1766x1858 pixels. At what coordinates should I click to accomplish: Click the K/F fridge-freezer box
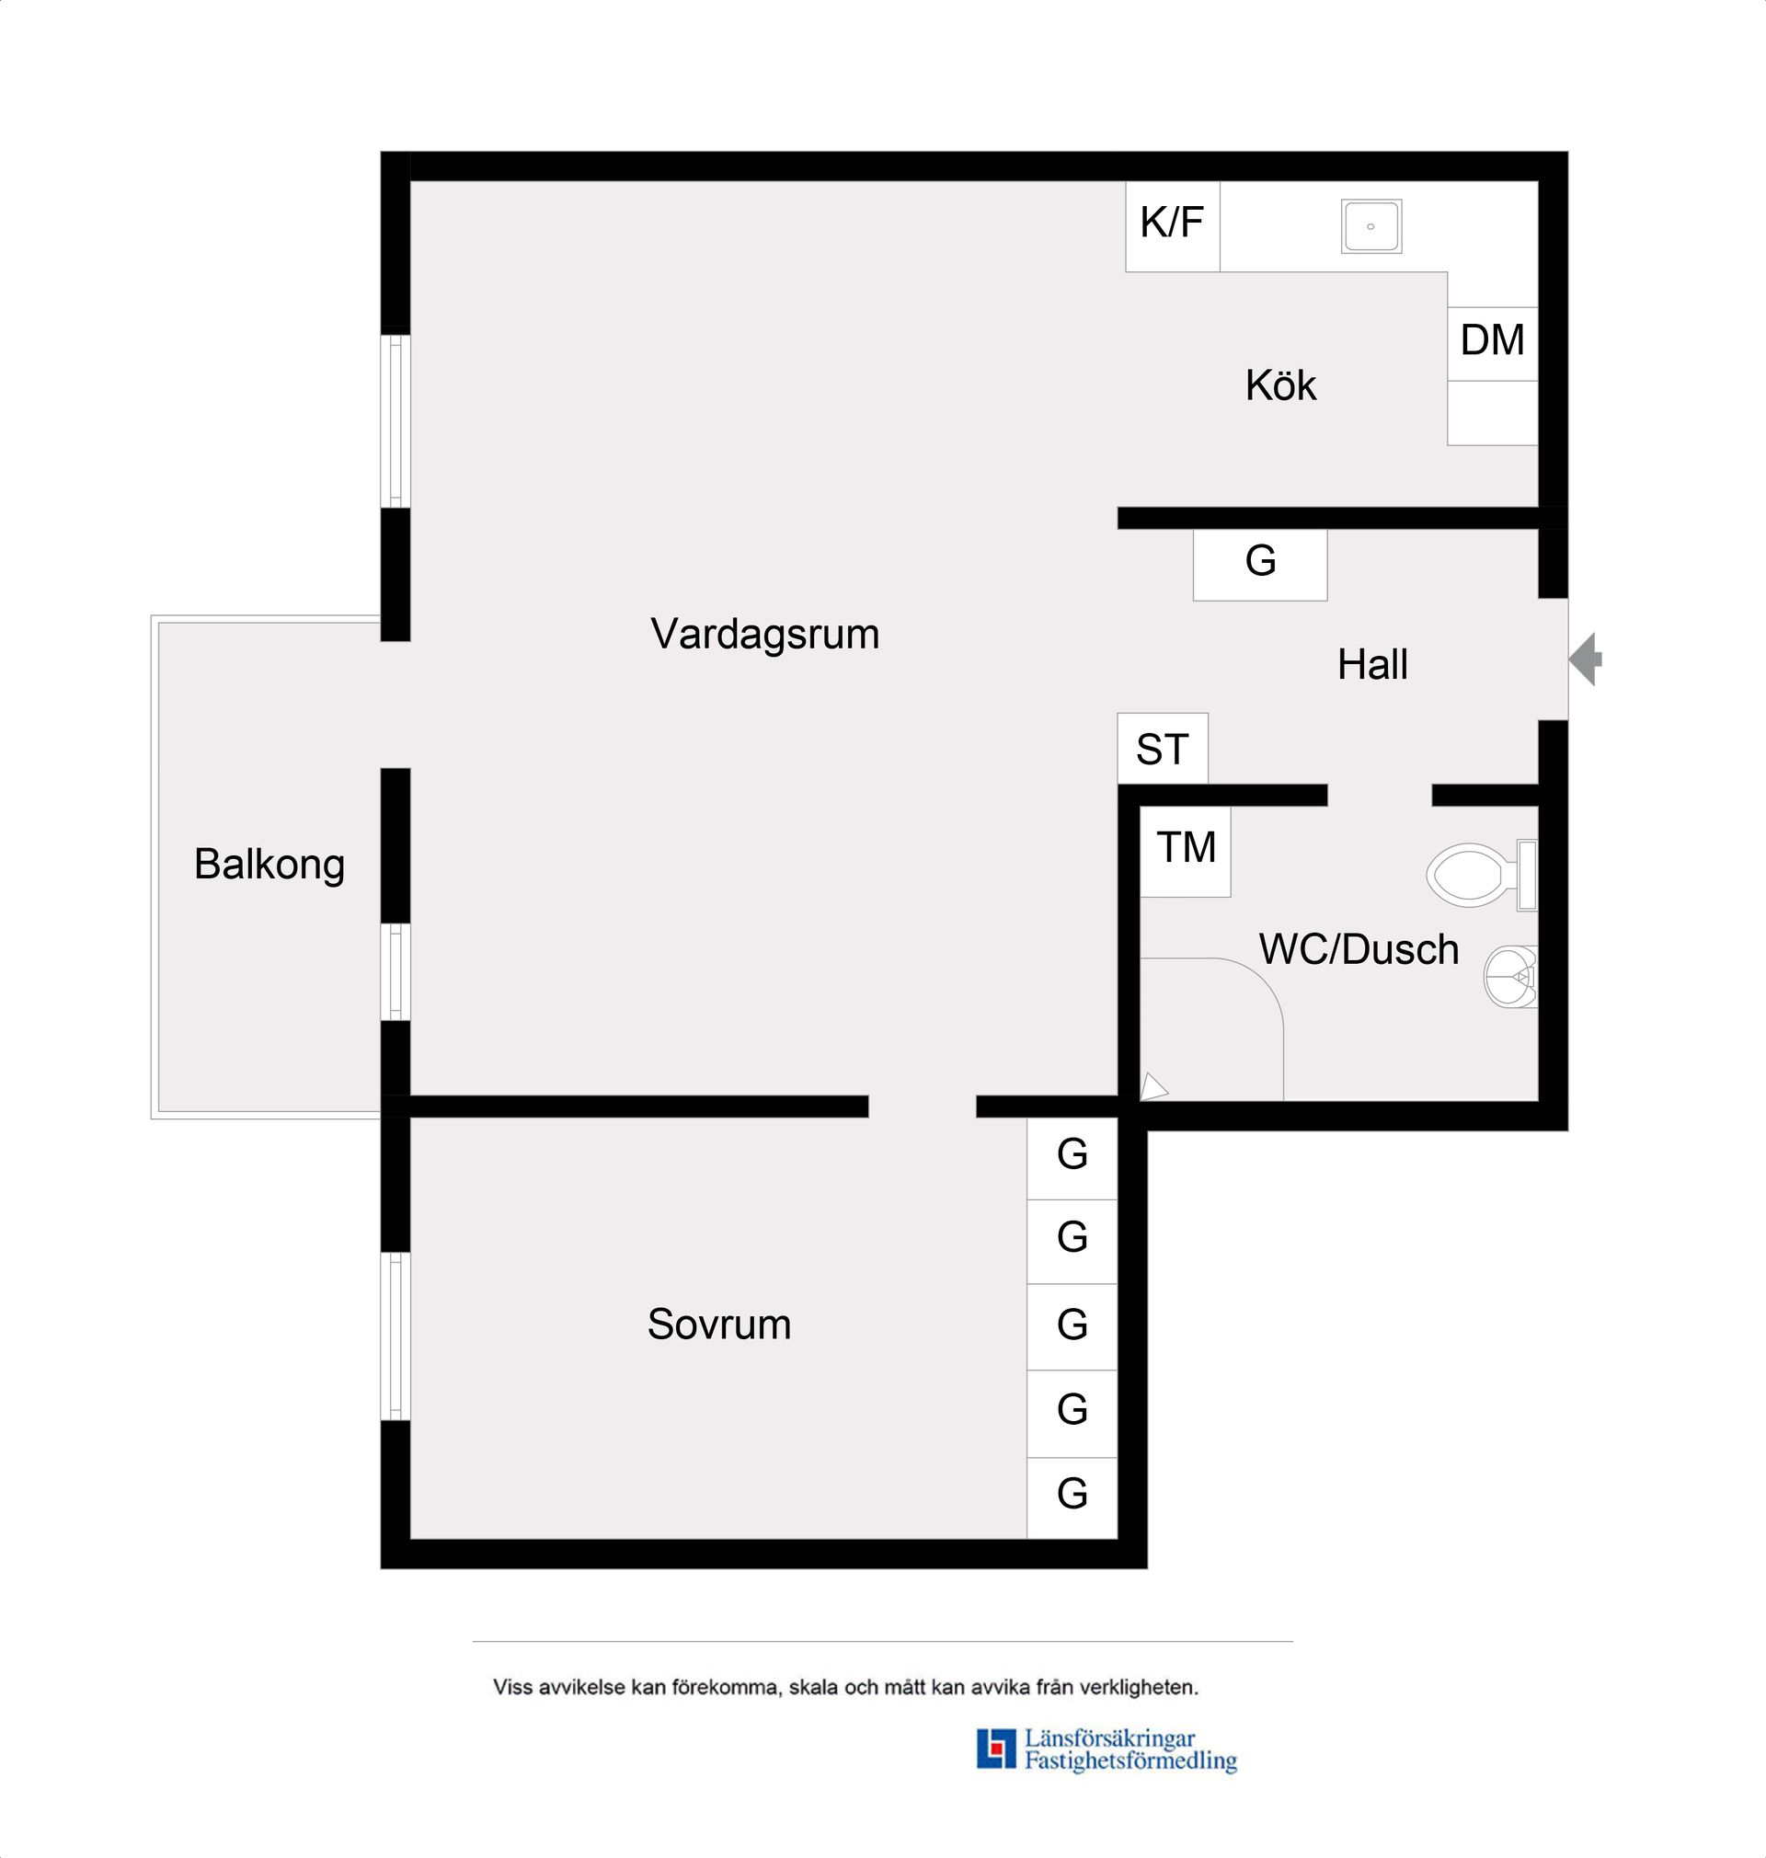(1173, 227)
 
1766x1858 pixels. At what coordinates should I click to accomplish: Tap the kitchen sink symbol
(1371, 226)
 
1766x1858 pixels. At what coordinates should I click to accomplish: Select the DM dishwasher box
(1493, 344)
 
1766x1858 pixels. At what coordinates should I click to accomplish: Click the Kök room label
(1280, 385)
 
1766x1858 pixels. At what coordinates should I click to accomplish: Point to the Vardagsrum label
(764, 635)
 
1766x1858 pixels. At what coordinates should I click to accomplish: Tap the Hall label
(1372, 664)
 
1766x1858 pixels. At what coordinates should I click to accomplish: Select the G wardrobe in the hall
(1260, 565)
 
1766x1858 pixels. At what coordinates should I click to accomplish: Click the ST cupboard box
(1163, 749)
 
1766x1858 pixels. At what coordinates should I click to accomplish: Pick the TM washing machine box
(1186, 851)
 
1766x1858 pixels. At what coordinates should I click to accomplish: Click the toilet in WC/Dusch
(1482, 875)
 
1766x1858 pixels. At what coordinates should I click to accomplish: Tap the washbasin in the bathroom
(1511, 977)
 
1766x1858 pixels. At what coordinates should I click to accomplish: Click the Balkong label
(269, 864)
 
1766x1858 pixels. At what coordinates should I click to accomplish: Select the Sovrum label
(719, 1325)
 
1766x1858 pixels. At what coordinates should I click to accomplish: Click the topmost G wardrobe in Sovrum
(1072, 1158)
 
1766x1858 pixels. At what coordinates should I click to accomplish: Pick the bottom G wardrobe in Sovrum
(1072, 1498)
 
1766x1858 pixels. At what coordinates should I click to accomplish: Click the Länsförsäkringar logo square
(997, 1749)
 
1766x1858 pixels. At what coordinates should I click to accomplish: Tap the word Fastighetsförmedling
(1130, 1761)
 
